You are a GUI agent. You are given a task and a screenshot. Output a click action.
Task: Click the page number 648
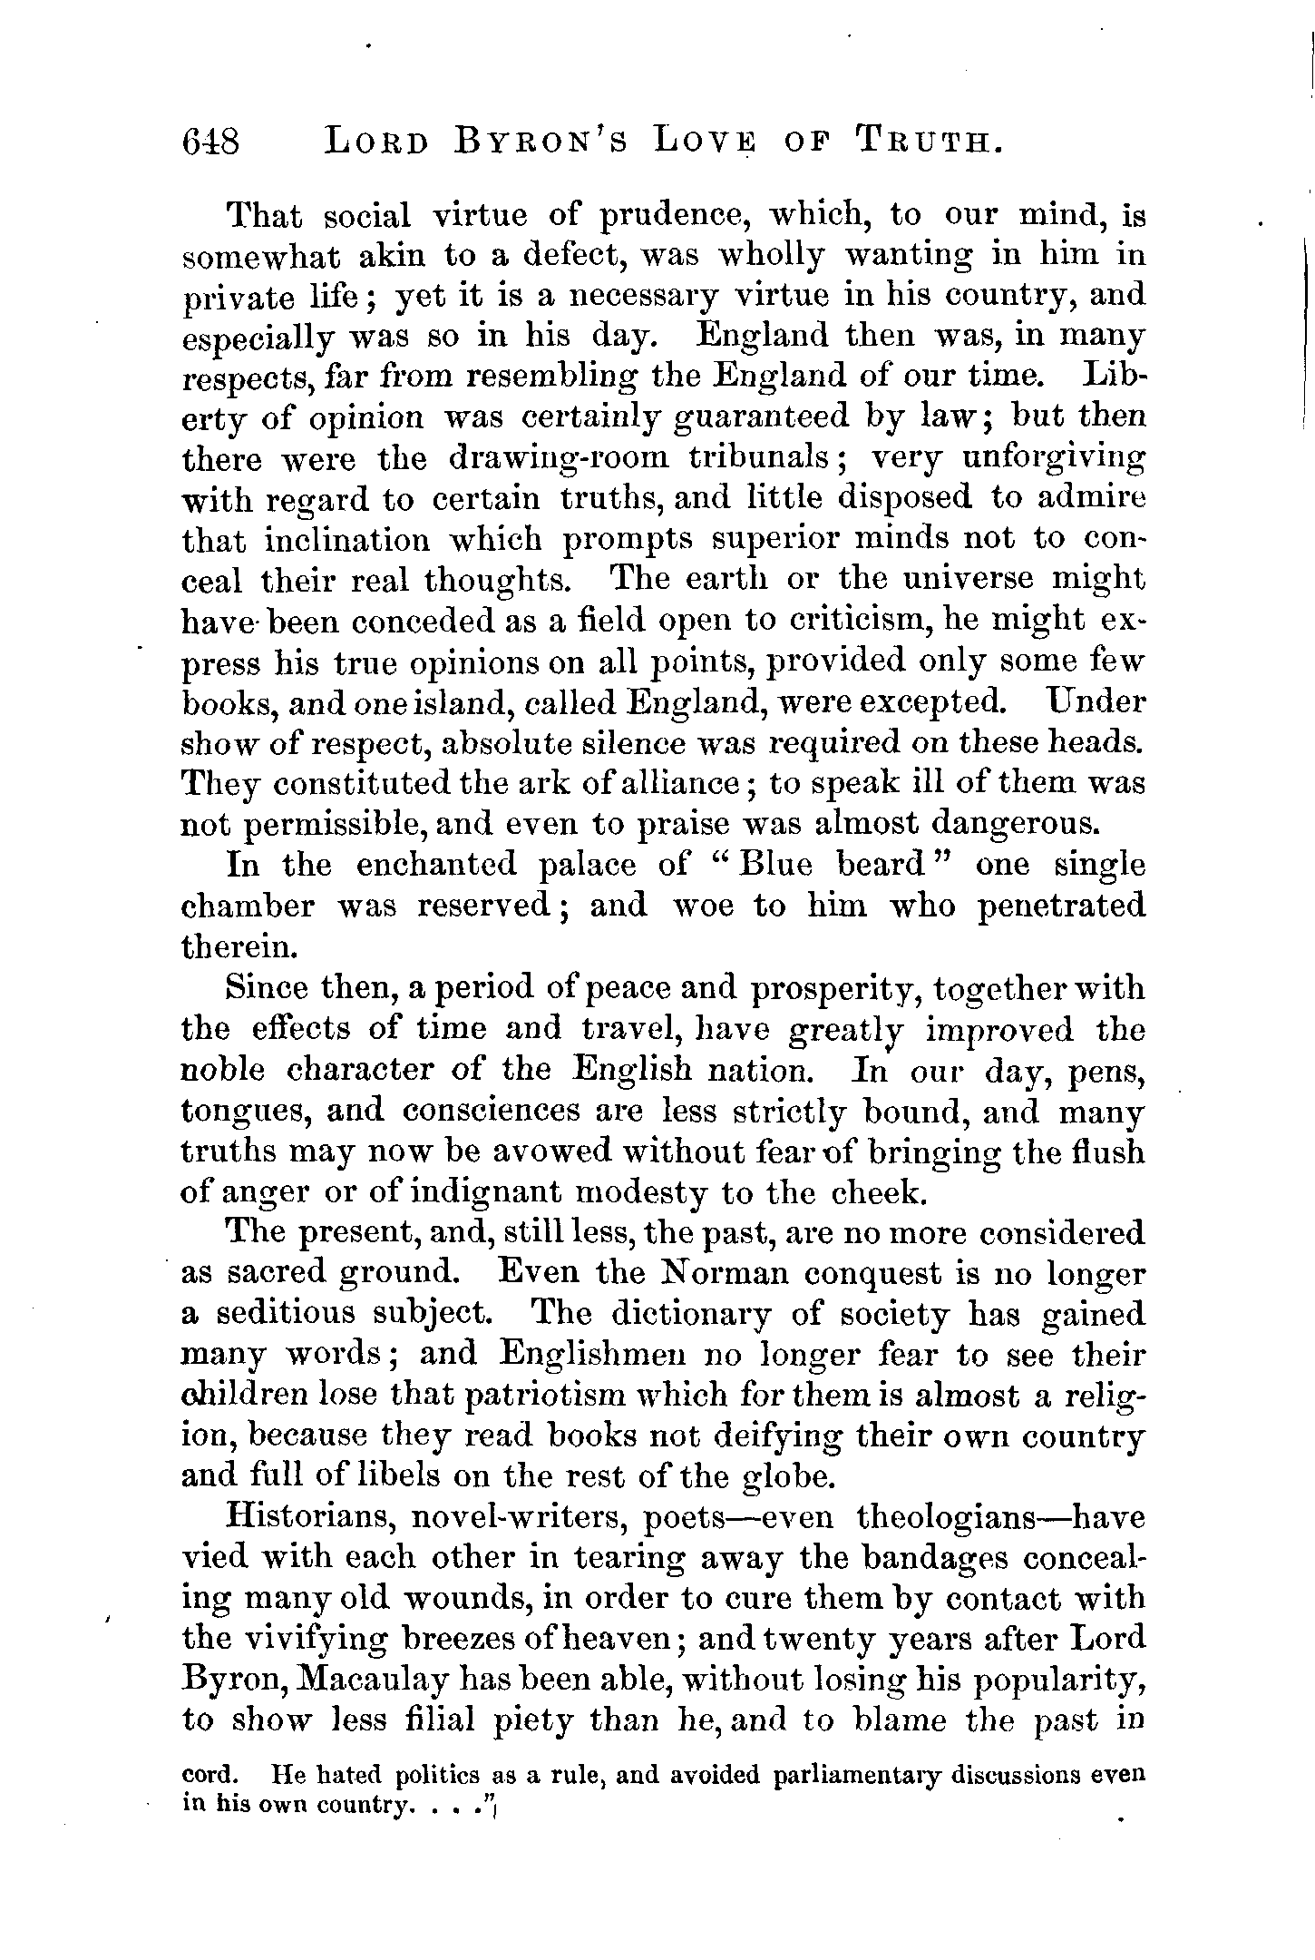coord(210,142)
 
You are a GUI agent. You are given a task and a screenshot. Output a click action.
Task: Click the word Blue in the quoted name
coord(772,864)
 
